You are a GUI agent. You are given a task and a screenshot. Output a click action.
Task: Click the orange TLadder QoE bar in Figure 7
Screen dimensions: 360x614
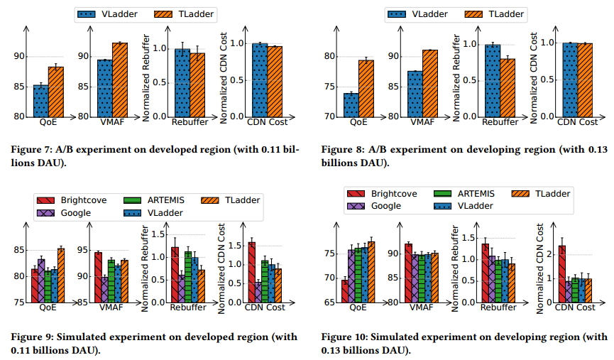pyautogui.click(x=55, y=91)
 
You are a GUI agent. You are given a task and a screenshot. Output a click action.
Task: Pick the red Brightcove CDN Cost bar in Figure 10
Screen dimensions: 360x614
pyautogui.click(x=562, y=273)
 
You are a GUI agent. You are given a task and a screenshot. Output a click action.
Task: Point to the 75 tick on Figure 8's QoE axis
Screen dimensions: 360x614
pyautogui.click(x=331, y=87)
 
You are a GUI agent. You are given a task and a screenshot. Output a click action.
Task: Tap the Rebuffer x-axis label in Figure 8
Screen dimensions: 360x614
pyautogui.click(x=500, y=123)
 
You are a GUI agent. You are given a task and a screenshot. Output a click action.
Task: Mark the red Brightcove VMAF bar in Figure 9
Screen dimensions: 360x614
pyautogui.click(x=97, y=277)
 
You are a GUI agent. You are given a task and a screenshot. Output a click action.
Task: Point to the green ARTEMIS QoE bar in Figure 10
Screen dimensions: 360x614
pyautogui.click(x=358, y=274)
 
